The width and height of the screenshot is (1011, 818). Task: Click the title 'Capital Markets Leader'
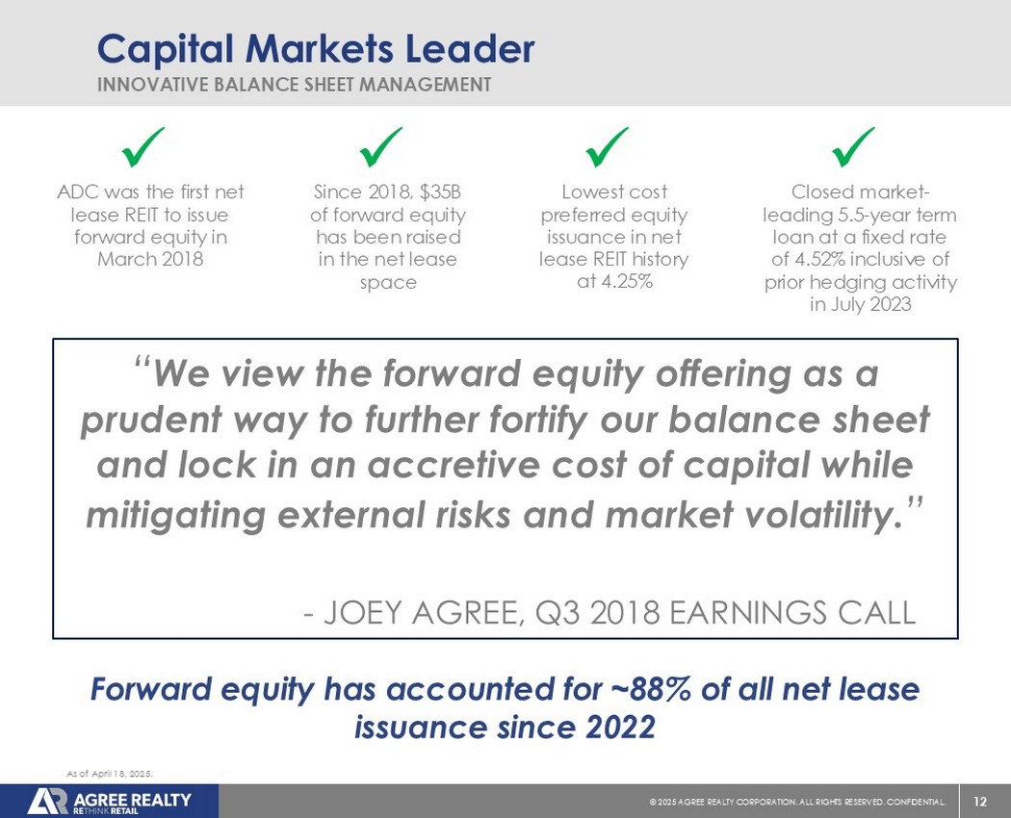click(x=316, y=48)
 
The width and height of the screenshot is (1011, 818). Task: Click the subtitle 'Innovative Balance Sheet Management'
click(x=294, y=85)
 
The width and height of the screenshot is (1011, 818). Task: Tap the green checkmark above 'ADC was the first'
click(x=143, y=147)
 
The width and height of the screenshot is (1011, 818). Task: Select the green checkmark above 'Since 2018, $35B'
click(x=381, y=147)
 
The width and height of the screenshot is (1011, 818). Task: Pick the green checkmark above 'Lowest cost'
click(x=608, y=147)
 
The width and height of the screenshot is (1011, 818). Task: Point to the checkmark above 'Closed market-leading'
click(x=854, y=147)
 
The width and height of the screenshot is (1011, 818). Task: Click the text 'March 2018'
click(x=150, y=259)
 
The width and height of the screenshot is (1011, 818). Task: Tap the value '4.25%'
click(x=626, y=281)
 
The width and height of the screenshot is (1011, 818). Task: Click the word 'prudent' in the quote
click(x=151, y=420)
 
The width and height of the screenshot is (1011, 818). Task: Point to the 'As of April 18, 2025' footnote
click(x=110, y=774)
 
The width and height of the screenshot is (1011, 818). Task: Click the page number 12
click(x=980, y=802)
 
